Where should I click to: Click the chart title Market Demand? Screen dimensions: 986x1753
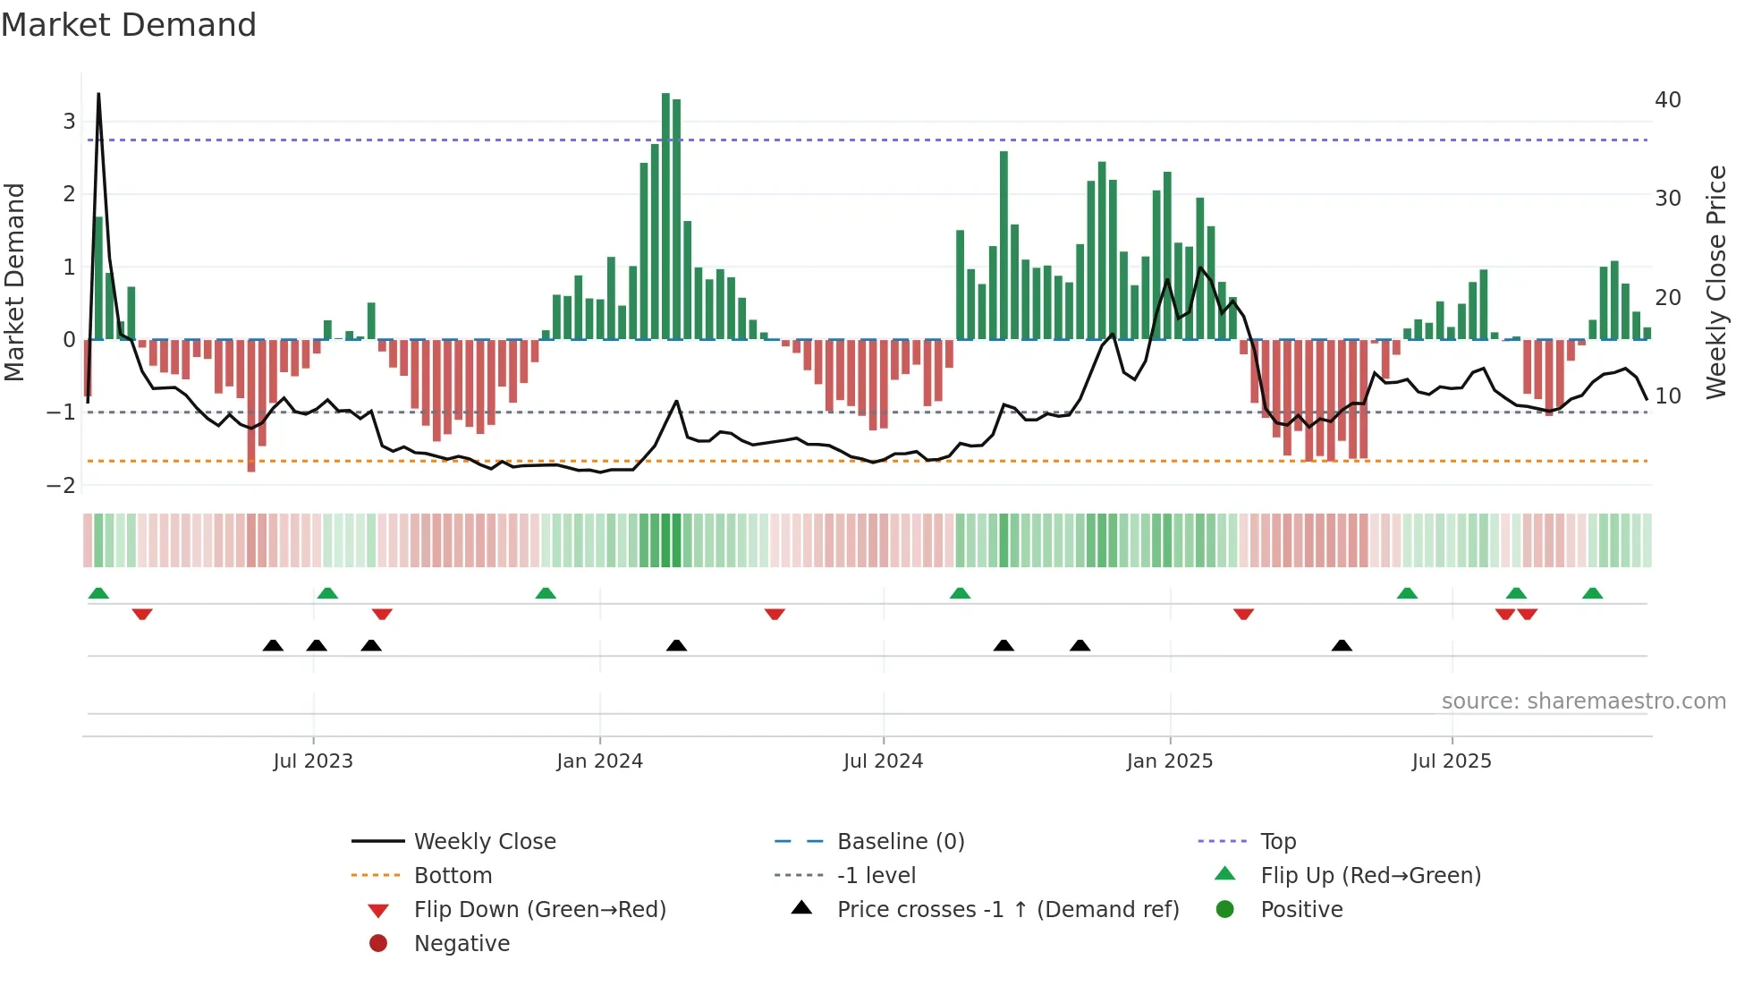129,25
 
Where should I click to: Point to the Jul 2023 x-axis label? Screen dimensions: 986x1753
313,761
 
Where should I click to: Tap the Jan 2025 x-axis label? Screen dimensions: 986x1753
1169,761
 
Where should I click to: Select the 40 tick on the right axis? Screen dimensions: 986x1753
1667,100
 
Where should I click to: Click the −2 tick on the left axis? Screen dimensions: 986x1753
61,486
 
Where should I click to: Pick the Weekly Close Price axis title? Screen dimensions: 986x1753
1715,282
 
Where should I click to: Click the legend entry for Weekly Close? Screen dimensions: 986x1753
484,842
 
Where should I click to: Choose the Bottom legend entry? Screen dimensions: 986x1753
453,876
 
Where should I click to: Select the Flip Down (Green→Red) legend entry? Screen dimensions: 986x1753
539,910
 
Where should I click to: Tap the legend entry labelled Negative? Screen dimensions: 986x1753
462,944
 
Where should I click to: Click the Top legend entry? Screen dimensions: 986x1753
1277,842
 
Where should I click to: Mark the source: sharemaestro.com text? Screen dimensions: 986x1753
1583,701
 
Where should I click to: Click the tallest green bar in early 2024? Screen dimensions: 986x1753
665,215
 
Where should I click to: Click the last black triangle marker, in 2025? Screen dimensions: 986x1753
1342,645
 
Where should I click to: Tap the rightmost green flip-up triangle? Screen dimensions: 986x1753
1592,593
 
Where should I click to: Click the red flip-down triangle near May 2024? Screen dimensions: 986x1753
775,614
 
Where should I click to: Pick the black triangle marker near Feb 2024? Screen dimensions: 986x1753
676,645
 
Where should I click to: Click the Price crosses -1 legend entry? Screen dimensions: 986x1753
1007,910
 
